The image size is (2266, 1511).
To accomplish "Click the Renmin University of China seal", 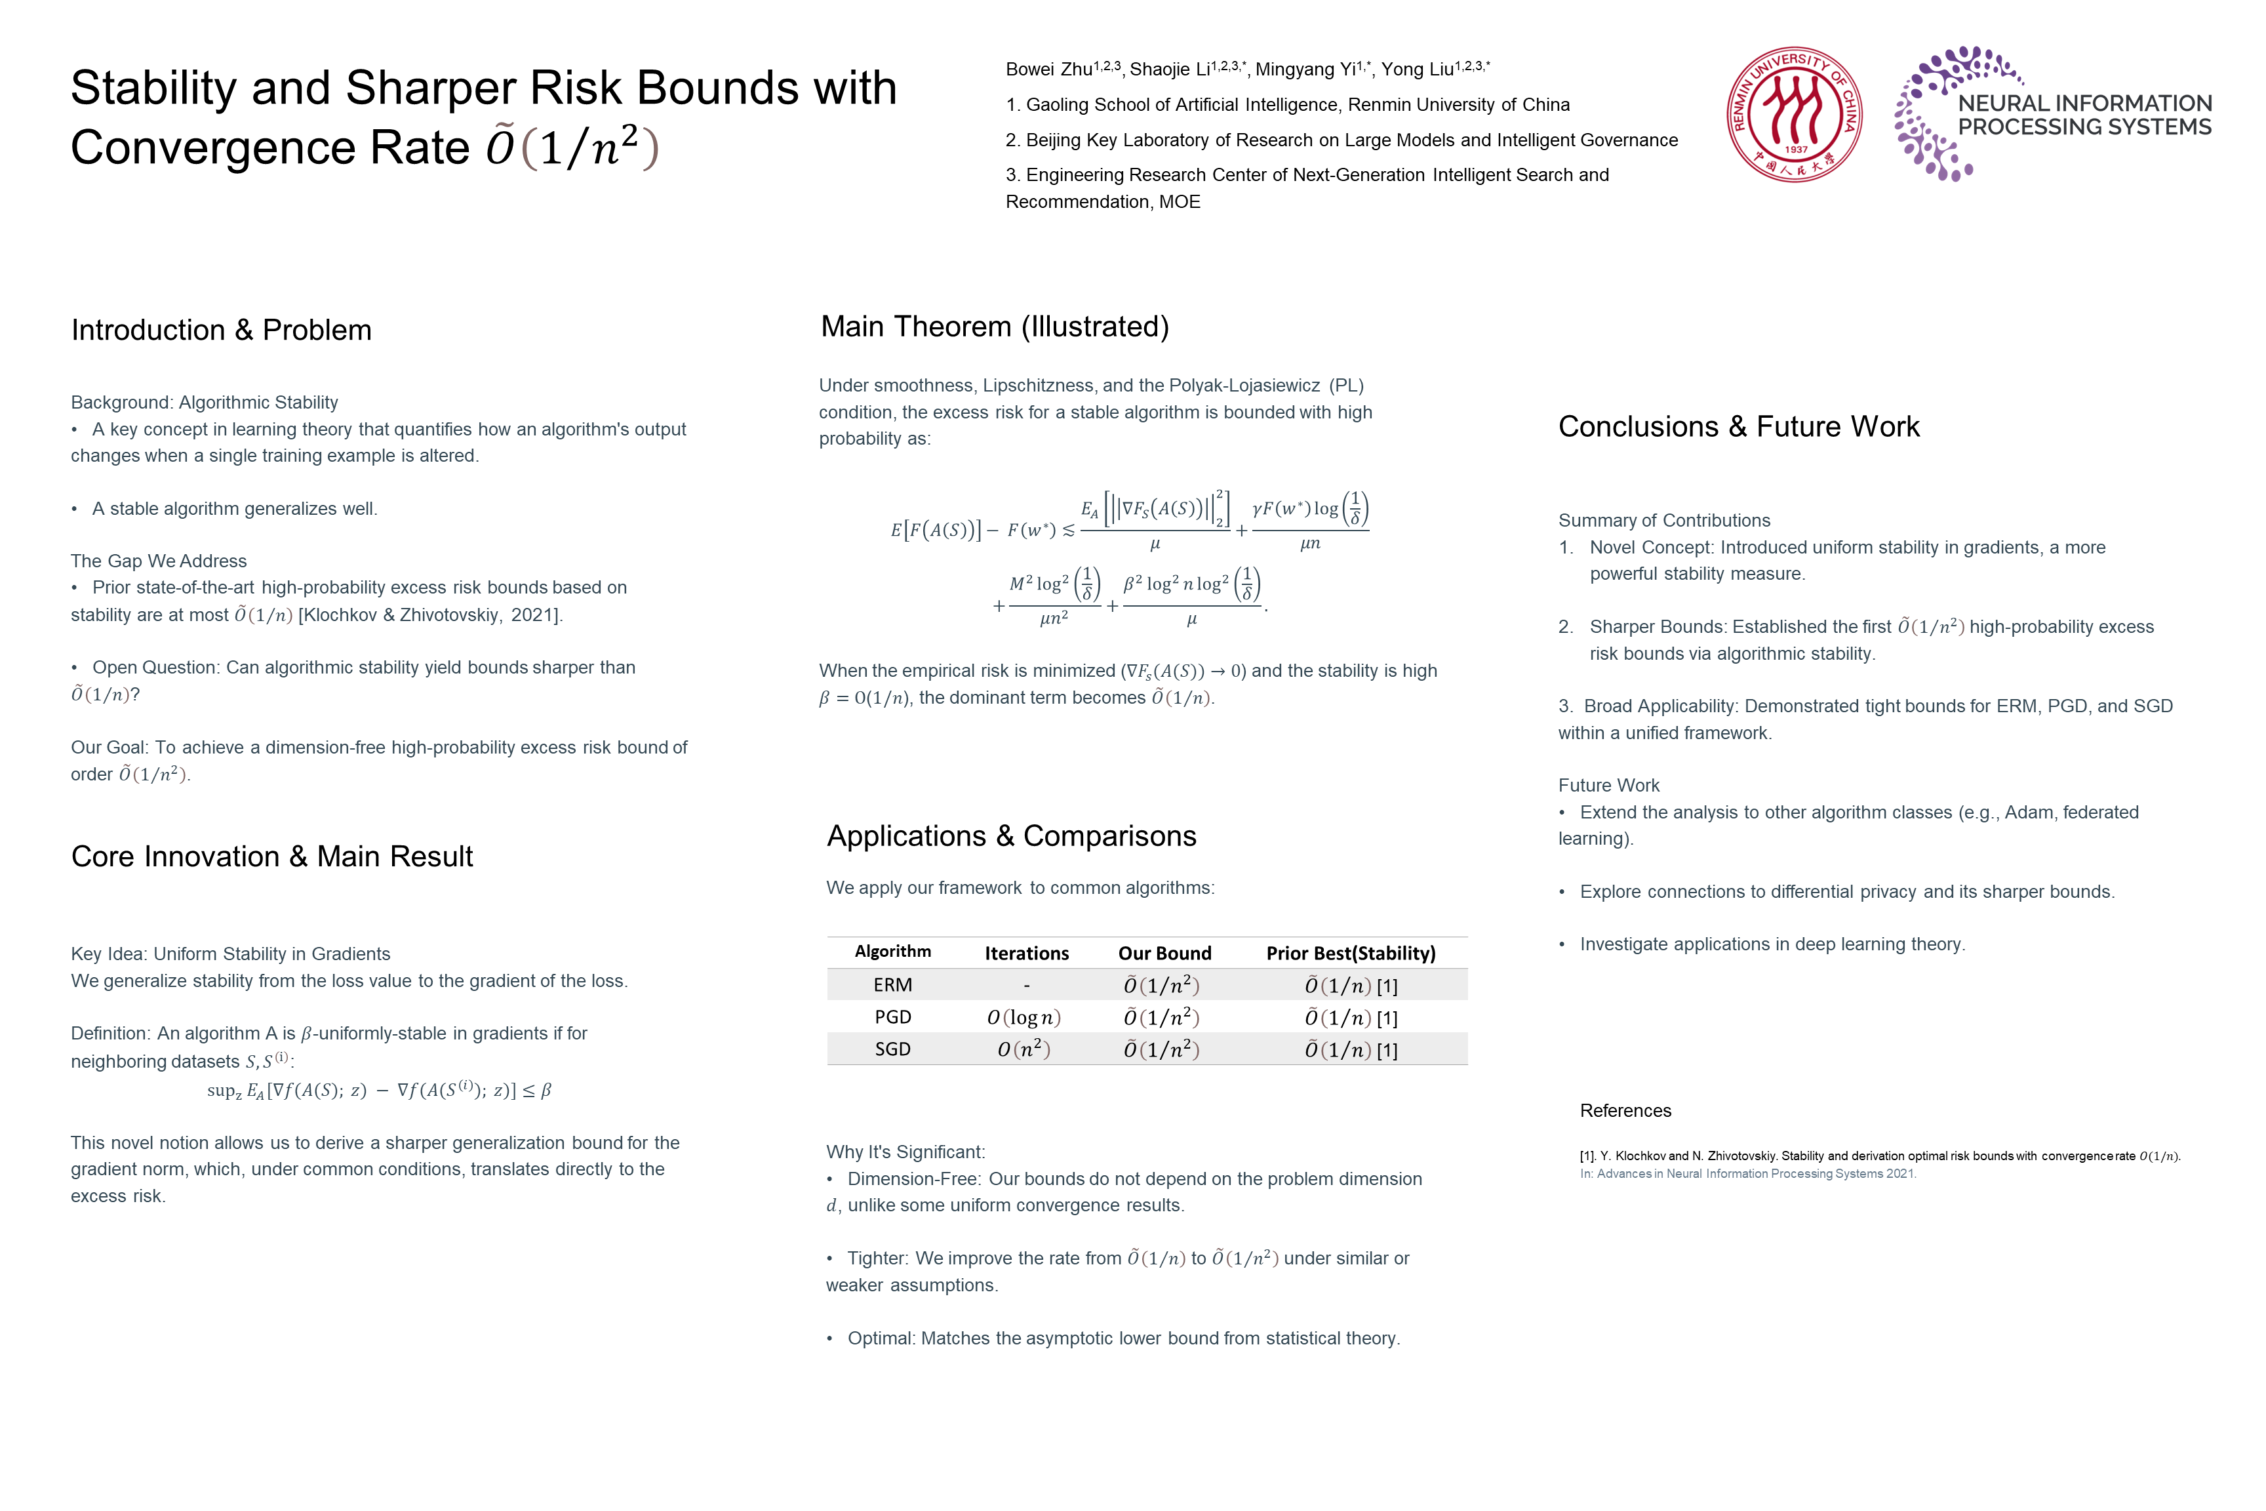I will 1793,113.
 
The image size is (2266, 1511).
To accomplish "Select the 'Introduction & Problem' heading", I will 220,330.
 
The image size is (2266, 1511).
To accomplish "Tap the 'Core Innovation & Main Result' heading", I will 271,856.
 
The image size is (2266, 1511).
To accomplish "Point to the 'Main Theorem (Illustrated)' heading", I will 994,327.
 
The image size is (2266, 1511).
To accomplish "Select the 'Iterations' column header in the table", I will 1026,953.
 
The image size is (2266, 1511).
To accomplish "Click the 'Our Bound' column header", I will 1164,953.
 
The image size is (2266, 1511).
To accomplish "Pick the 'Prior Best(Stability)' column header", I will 1350,953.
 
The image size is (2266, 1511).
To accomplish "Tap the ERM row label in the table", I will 892,985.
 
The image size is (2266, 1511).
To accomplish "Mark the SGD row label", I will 892,1049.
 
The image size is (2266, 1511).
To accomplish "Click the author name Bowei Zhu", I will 1048,70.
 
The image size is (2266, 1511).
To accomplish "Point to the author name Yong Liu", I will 1416,70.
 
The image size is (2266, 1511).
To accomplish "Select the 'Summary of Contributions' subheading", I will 1664,520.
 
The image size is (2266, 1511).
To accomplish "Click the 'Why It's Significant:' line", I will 905,1152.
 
